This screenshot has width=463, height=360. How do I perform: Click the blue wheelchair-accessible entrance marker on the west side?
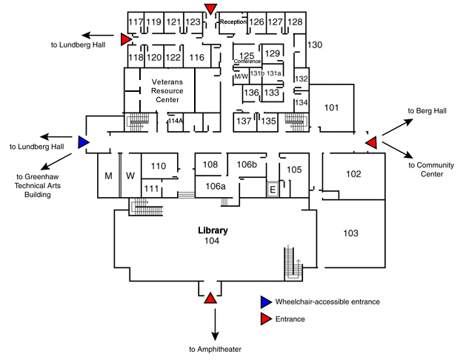click(84, 141)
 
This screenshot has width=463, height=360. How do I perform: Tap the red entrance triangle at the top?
click(212, 8)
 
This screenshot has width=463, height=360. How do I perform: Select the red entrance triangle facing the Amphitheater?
click(210, 298)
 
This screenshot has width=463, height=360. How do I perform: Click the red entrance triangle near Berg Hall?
click(372, 141)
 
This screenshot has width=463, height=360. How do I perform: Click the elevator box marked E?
click(272, 190)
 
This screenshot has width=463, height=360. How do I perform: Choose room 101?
click(332, 109)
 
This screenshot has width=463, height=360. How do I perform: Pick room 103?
click(351, 233)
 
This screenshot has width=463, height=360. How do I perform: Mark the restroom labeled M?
click(107, 176)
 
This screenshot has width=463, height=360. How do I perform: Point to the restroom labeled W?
click(130, 176)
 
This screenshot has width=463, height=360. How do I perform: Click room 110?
click(158, 166)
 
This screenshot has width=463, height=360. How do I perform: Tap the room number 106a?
click(216, 187)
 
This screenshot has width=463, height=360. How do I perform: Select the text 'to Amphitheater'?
click(215, 349)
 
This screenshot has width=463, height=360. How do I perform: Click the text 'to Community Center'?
click(430, 170)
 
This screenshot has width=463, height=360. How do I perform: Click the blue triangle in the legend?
click(266, 302)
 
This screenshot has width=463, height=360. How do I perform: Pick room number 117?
click(136, 22)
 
